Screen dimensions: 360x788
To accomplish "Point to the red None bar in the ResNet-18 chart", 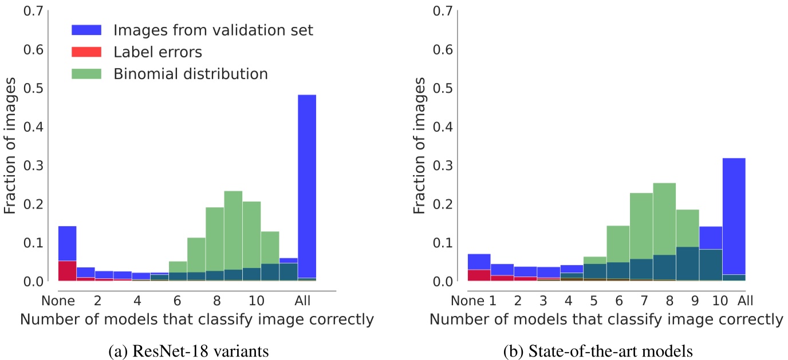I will [68, 271].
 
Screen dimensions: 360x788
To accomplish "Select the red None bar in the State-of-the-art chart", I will [479, 275].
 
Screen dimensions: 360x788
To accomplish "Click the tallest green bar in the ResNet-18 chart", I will [233, 229].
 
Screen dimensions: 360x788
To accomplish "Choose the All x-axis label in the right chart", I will [745, 300].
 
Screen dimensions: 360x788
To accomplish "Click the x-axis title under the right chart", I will [606, 320].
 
